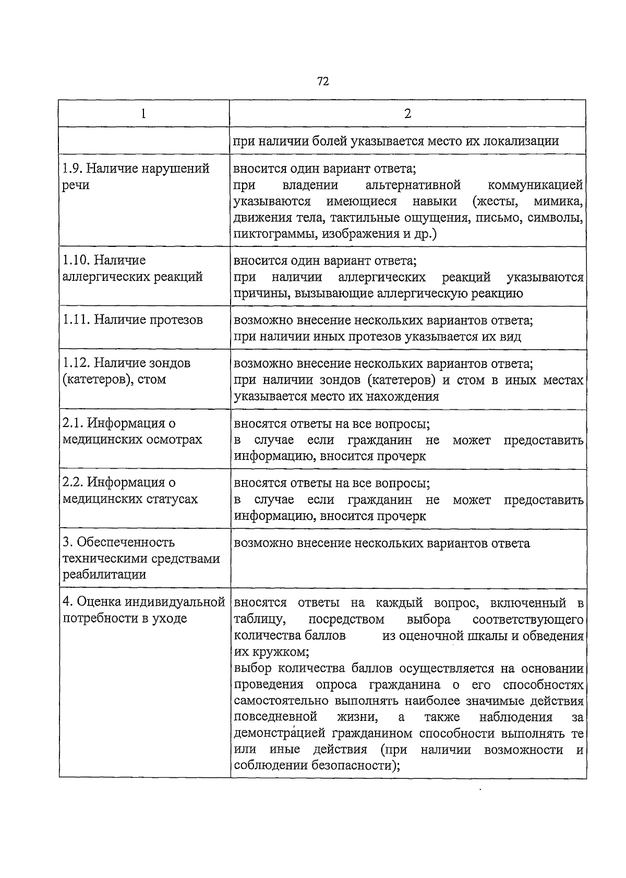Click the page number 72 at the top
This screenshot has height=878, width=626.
[322, 81]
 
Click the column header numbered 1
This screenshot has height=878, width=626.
[143, 114]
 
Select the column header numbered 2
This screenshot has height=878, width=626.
[407, 114]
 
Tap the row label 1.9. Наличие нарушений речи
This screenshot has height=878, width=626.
[136, 176]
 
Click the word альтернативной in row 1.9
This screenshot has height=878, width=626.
[413, 185]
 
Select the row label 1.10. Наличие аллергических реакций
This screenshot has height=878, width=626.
[133, 268]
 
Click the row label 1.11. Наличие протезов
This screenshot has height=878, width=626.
[133, 320]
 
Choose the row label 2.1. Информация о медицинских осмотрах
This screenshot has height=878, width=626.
[132, 431]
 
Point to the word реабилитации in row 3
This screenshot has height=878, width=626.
[104, 575]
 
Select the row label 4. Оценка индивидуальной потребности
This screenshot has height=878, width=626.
[143, 610]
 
